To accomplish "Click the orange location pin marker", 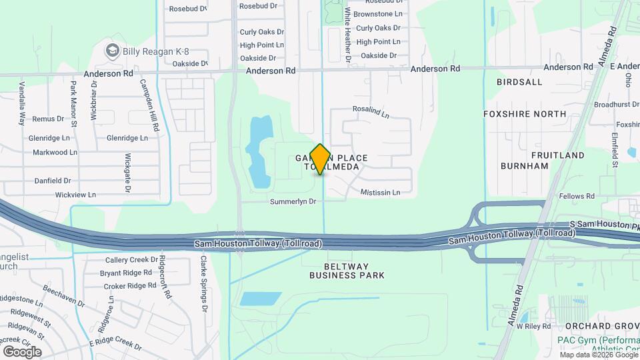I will pyautogui.click(x=320, y=159).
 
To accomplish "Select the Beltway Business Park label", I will pyautogui.click(x=347, y=270).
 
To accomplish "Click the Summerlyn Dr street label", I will pyautogui.click(x=293, y=201).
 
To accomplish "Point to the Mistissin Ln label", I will pyautogui.click(x=380, y=192).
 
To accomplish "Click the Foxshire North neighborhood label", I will pyautogui.click(x=525, y=114).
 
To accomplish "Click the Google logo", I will pyautogui.click(x=22, y=351).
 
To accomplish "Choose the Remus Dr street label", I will pyautogui.click(x=48, y=119).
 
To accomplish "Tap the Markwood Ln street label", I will pyautogui.click(x=55, y=152).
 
